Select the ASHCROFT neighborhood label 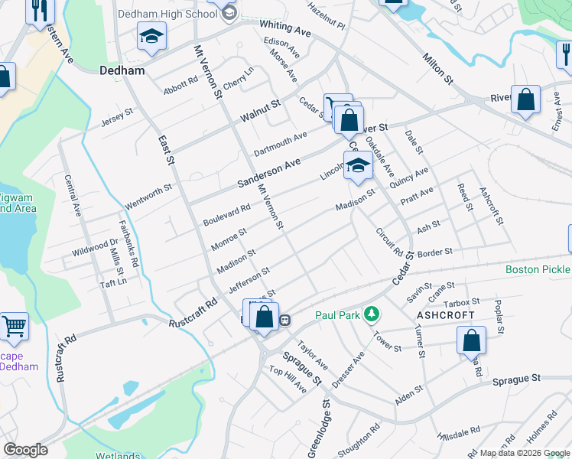(445, 315)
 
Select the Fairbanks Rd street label (128, 244)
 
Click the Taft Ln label (112, 282)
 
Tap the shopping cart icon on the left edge (14, 327)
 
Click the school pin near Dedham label (151, 37)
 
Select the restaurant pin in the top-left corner (37, 11)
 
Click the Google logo (25, 450)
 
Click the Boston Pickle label (538, 270)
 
